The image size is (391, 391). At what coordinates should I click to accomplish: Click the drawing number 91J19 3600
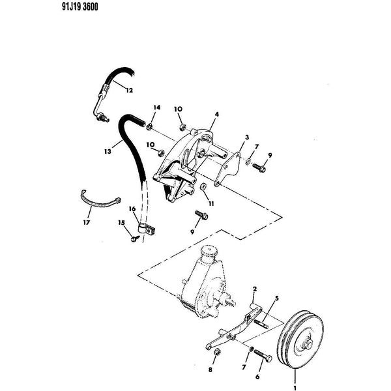point(80,7)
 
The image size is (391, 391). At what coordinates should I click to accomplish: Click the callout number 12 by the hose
point(129,91)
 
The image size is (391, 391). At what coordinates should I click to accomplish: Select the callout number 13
point(108,151)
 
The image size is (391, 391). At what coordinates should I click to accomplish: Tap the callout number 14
point(156,108)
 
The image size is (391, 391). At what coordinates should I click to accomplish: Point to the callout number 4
point(217,114)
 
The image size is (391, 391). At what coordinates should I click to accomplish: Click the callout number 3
point(247,137)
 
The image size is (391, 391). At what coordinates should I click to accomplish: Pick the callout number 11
point(211,204)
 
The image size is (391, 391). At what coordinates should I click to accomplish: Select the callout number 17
point(86,222)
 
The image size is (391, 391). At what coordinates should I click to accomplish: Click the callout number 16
point(132,209)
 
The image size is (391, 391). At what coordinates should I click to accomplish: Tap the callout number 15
point(121,222)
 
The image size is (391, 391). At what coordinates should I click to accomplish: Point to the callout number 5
point(276,298)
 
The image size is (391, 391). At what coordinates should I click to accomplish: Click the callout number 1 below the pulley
point(295,388)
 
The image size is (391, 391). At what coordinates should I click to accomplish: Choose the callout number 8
point(210,369)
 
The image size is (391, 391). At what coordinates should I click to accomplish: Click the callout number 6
point(257,377)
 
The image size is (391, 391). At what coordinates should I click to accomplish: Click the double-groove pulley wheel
point(300,340)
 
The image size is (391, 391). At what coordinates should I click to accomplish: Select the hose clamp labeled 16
point(147,229)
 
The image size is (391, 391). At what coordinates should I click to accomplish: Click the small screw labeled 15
point(135,238)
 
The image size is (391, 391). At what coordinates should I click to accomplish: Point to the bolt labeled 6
point(263,356)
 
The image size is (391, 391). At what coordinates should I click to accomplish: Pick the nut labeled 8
point(217,352)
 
